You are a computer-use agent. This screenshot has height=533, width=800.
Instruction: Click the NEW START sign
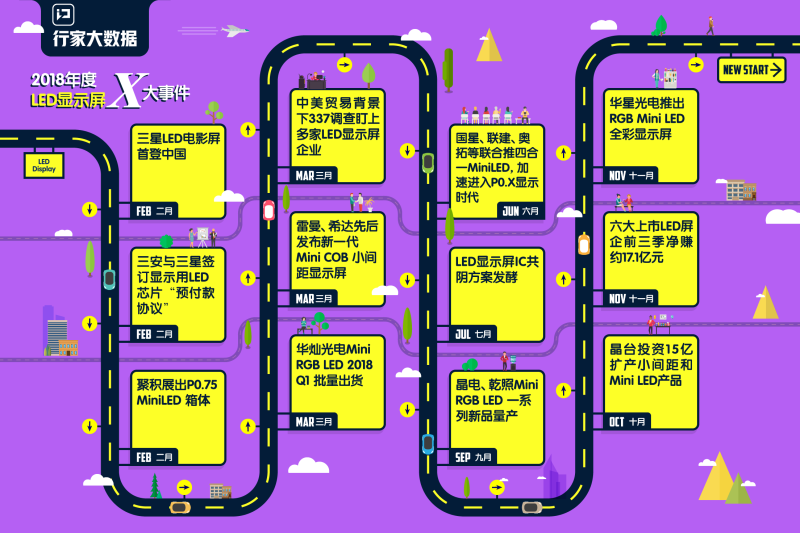(x=751, y=70)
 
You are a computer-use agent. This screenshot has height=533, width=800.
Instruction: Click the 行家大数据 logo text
(x=94, y=38)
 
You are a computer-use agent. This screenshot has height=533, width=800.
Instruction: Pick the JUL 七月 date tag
(x=475, y=333)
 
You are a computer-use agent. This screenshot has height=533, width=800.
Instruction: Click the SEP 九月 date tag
(x=475, y=457)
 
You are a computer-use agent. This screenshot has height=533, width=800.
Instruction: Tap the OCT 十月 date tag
(x=628, y=421)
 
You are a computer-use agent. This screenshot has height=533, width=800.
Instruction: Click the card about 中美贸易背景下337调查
(x=339, y=130)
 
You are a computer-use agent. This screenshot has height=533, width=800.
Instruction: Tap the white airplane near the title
(x=235, y=31)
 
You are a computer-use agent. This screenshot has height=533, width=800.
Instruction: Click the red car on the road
(x=268, y=211)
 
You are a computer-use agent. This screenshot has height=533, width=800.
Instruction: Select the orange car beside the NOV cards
(x=584, y=244)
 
